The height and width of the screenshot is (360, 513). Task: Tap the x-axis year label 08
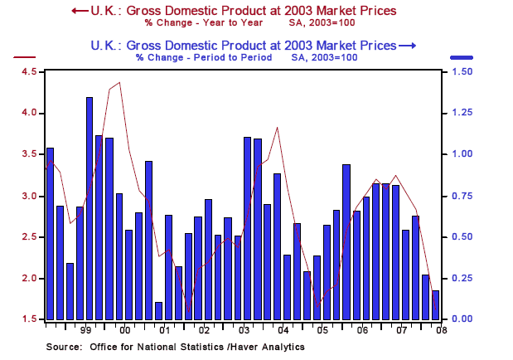point(437,330)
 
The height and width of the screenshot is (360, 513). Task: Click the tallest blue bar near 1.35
point(90,207)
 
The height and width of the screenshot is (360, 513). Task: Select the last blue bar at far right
point(435,304)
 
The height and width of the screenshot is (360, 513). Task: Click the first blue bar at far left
point(50,233)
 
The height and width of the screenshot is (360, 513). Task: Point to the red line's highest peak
point(120,83)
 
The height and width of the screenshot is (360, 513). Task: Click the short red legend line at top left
point(25,57)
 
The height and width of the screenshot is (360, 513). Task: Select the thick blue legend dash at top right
point(462,57)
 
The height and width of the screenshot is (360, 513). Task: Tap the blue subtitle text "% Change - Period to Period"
point(204,58)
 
